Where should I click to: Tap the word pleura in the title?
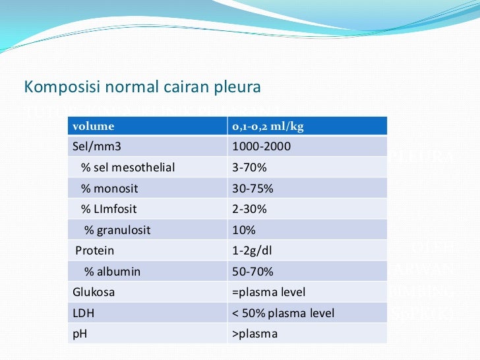pyautogui.click(x=238, y=87)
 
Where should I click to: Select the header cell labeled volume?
pyautogui.click(x=93, y=126)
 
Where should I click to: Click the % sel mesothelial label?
pyautogui.click(x=128, y=167)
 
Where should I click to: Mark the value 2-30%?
pyautogui.click(x=249, y=209)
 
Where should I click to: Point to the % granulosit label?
pyautogui.click(x=117, y=230)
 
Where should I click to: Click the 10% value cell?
pyautogui.click(x=244, y=230)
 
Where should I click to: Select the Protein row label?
pyautogui.click(x=95, y=251)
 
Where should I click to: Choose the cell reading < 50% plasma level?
pyautogui.click(x=283, y=313)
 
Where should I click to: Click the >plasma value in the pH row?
pyautogui.click(x=255, y=334)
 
